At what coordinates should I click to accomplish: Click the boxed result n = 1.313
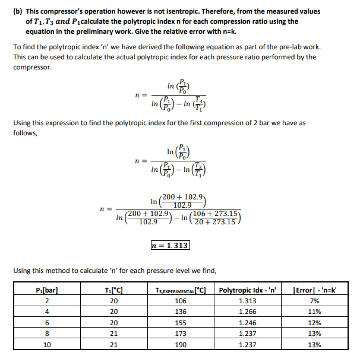[170, 245]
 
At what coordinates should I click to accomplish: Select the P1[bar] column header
[47, 290]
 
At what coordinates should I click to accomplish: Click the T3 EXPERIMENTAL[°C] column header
[180, 290]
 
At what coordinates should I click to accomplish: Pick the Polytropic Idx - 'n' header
[248, 290]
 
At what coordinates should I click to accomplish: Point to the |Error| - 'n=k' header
[315, 290]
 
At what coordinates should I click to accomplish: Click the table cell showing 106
[180, 301]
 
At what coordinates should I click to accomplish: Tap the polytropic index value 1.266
[248, 312]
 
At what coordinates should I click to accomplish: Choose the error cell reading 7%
[315, 301]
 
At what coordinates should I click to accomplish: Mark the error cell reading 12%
[315, 322]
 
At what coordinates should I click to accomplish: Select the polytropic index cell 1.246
[248, 322]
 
